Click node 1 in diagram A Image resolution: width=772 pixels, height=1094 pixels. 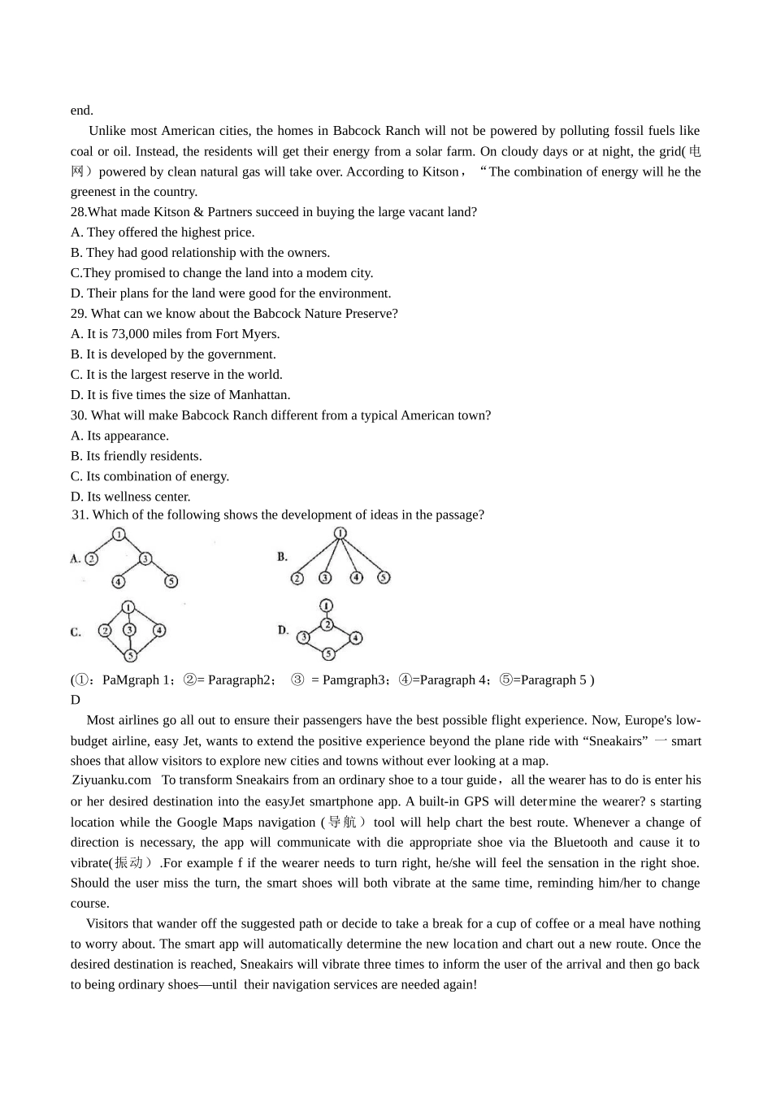pyautogui.click(x=119, y=535)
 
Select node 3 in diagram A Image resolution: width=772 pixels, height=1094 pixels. pyautogui.click(x=145, y=558)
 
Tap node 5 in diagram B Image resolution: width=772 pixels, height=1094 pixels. pyautogui.click(x=384, y=578)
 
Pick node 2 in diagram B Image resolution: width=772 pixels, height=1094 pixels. pyautogui.click(x=297, y=578)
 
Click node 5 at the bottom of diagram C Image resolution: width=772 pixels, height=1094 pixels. pyautogui.click(x=130, y=655)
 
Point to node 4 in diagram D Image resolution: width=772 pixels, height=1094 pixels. pyautogui.click(x=355, y=638)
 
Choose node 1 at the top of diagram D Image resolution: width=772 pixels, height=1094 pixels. pyautogui.click(x=327, y=606)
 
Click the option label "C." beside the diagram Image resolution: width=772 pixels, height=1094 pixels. pyautogui.click(x=76, y=632)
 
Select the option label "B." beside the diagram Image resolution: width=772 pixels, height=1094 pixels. pyautogui.click(x=283, y=557)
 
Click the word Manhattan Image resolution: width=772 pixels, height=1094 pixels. pyautogui.click(x=258, y=395)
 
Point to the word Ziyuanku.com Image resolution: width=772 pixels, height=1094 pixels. pyautogui.click(x=111, y=780)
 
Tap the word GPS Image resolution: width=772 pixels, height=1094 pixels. pyautogui.click(x=476, y=801)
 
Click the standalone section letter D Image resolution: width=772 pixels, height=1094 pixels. pyautogui.click(x=76, y=700)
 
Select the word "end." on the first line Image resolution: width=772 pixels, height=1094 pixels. pyautogui.click(x=82, y=111)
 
